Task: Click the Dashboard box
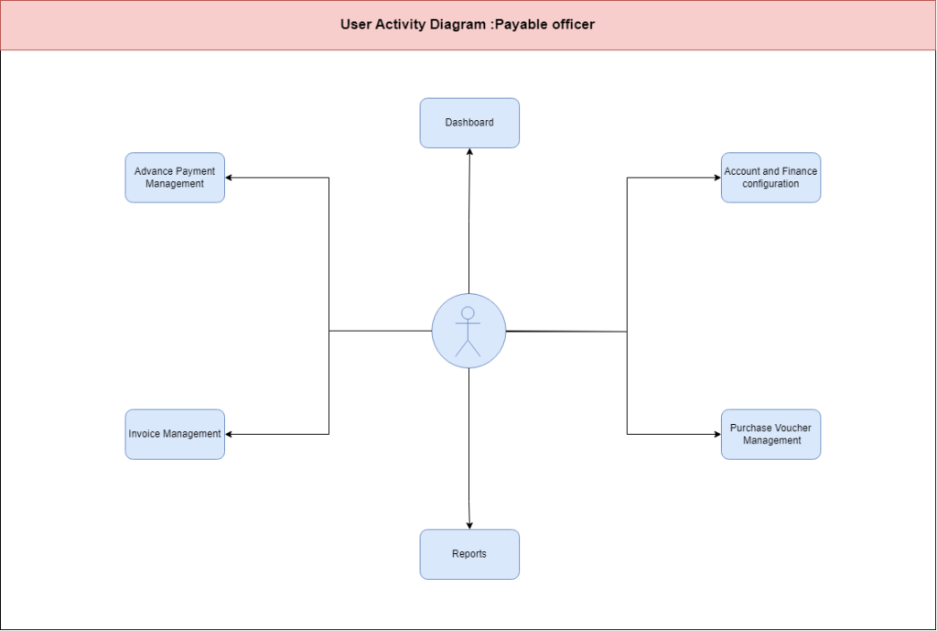click(469, 123)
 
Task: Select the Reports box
click(469, 554)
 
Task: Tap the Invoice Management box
click(175, 434)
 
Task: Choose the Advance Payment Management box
click(175, 178)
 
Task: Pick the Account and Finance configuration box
click(770, 178)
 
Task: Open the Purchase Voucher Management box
click(770, 434)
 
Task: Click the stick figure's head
click(468, 313)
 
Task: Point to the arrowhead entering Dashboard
click(469, 152)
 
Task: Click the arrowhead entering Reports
click(469, 525)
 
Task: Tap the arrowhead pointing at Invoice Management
click(229, 434)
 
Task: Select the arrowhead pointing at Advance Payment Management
click(229, 178)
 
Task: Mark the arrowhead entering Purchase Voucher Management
click(717, 434)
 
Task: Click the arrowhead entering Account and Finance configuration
click(717, 178)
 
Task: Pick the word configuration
click(770, 183)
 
